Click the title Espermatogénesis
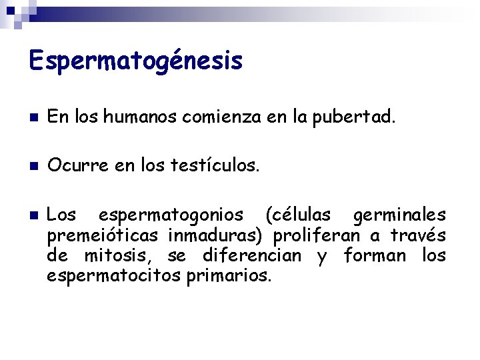[x=136, y=61]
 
